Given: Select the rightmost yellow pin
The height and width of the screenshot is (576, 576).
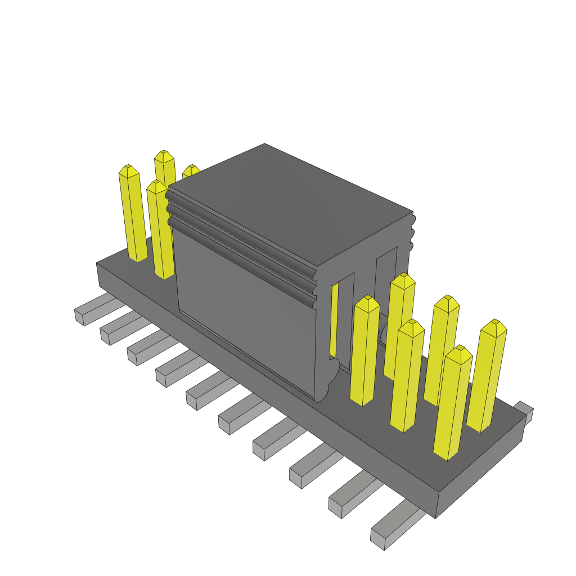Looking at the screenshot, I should pyautogui.click(x=487, y=377).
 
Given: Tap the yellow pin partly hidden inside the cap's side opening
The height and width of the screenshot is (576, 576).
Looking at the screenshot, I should pyautogui.click(x=335, y=321).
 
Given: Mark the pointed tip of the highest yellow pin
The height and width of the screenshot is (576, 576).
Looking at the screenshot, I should pyautogui.click(x=164, y=154).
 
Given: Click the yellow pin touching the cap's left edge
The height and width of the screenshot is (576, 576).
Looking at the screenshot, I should pyautogui.click(x=160, y=231).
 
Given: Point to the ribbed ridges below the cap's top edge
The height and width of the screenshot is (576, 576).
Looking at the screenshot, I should pyautogui.click(x=242, y=236).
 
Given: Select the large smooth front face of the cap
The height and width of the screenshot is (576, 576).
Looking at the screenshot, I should pyautogui.click(x=247, y=315).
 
